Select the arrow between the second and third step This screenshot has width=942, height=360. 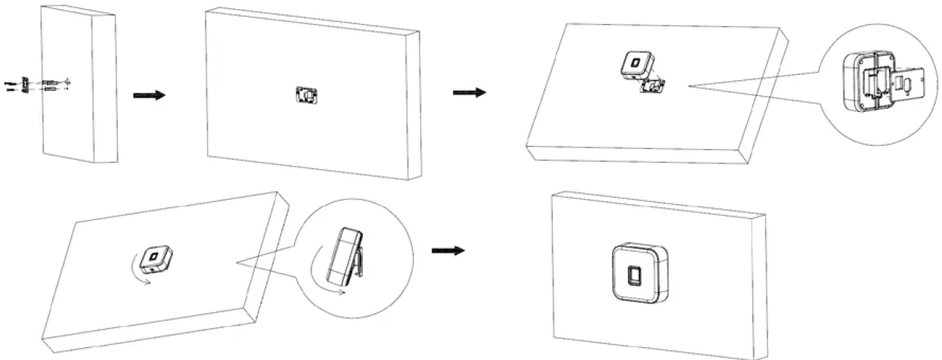click(468, 92)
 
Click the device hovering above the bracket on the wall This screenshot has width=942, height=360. click(634, 67)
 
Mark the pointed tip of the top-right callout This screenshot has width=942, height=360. click(689, 85)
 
